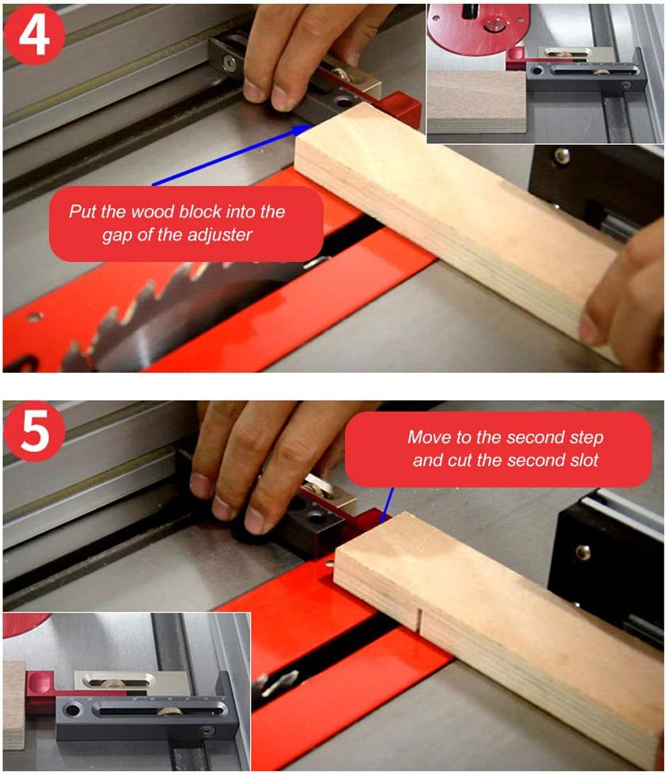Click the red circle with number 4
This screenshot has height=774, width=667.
click(x=34, y=35)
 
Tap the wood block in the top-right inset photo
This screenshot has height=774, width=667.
click(x=475, y=101)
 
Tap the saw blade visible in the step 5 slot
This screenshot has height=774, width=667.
click(x=281, y=679)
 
